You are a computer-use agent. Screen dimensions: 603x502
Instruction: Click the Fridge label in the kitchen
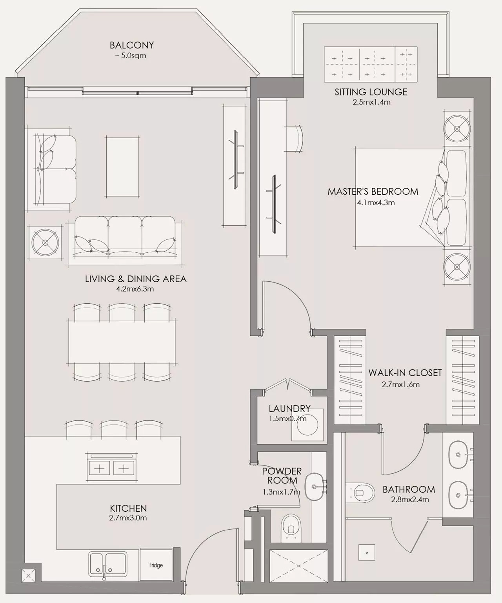pos(156,565)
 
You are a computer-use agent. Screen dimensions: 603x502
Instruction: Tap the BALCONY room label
pos(131,45)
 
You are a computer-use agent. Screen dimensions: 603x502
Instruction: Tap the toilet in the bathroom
pos(362,492)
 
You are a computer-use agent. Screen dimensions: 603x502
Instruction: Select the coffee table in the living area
pos(122,166)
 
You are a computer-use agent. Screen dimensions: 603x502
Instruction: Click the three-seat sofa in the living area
pos(125,240)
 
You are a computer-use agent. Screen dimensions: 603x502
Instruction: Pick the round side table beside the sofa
pos(45,243)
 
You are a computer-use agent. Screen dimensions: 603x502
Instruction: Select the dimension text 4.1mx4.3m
pos(375,203)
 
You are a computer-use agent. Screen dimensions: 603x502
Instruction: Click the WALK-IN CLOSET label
pos(405,373)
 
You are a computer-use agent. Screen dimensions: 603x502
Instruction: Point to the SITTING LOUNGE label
pos(371,92)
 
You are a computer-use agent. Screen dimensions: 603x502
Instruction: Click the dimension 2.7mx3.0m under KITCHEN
pos(128,518)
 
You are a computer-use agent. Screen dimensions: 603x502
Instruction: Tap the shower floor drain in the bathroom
pos(367,552)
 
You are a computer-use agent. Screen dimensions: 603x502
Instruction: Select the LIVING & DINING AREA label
pos(135,279)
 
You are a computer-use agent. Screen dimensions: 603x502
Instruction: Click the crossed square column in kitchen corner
pos(29,576)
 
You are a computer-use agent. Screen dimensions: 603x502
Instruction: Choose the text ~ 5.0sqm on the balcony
pos(130,56)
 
